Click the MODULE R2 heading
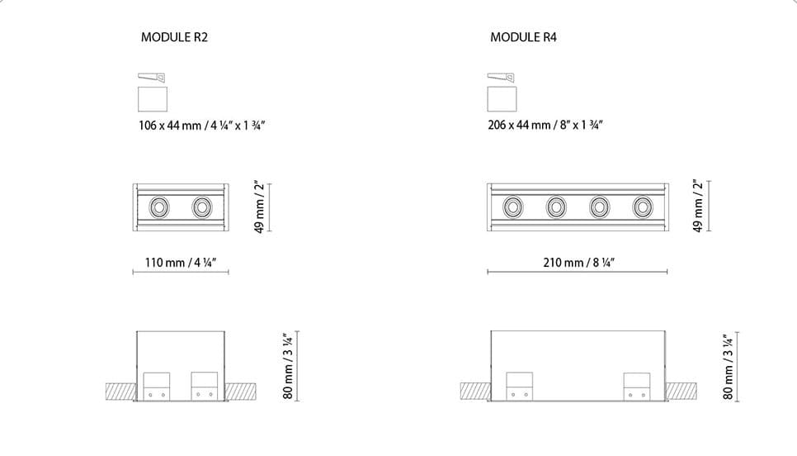point(174,37)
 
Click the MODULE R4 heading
point(524,37)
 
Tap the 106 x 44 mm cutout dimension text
point(202,126)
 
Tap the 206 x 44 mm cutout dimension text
point(545,126)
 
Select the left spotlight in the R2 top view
point(159,207)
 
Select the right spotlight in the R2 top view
point(202,207)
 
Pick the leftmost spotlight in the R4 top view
point(513,207)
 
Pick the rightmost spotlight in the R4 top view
point(643,207)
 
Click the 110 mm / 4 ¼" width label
point(181,263)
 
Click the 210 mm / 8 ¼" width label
point(579,263)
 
